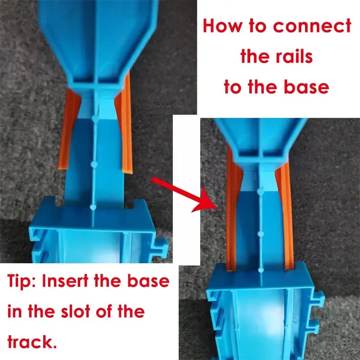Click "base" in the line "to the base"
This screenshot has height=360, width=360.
pyautogui.click(x=305, y=87)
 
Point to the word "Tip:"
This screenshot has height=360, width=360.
pyautogui.click(x=22, y=281)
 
